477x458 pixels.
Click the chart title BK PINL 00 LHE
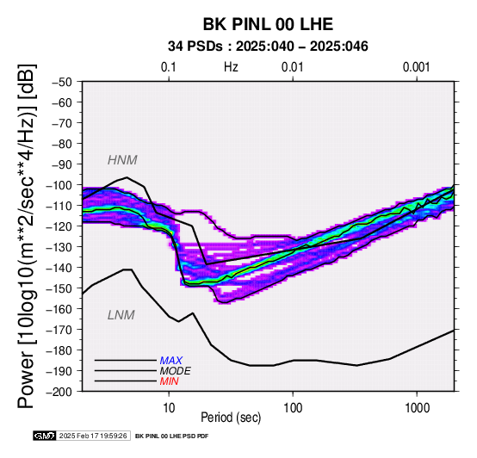pyautogui.click(x=268, y=24)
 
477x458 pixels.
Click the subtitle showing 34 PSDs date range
pyautogui.click(x=268, y=46)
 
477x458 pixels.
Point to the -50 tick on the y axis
pyautogui.click(x=63, y=82)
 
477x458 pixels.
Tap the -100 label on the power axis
pyautogui.click(x=61, y=185)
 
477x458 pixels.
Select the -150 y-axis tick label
pyautogui.click(x=61, y=288)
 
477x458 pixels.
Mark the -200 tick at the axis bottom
pyautogui.click(x=61, y=392)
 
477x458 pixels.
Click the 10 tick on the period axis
pyautogui.click(x=169, y=407)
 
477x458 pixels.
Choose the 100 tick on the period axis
pyautogui.click(x=293, y=407)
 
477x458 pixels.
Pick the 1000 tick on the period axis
pyautogui.click(x=417, y=407)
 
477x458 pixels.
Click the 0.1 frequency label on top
pyautogui.click(x=169, y=67)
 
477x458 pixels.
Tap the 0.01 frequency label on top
pyautogui.click(x=293, y=67)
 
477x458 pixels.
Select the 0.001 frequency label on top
pyautogui.click(x=416, y=67)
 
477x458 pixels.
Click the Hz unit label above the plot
pyautogui.click(x=231, y=67)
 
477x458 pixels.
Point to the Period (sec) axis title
pyautogui.click(x=231, y=418)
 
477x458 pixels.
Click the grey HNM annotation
pyautogui.click(x=122, y=160)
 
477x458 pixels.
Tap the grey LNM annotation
pyautogui.click(x=121, y=315)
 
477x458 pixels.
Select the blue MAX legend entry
pyautogui.click(x=171, y=361)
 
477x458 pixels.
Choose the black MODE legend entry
pyautogui.click(x=176, y=371)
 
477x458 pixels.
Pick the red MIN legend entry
pyautogui.click(x=169, y=381)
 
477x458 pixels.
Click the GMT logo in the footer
pyautogui.click(x=45, y=436)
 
